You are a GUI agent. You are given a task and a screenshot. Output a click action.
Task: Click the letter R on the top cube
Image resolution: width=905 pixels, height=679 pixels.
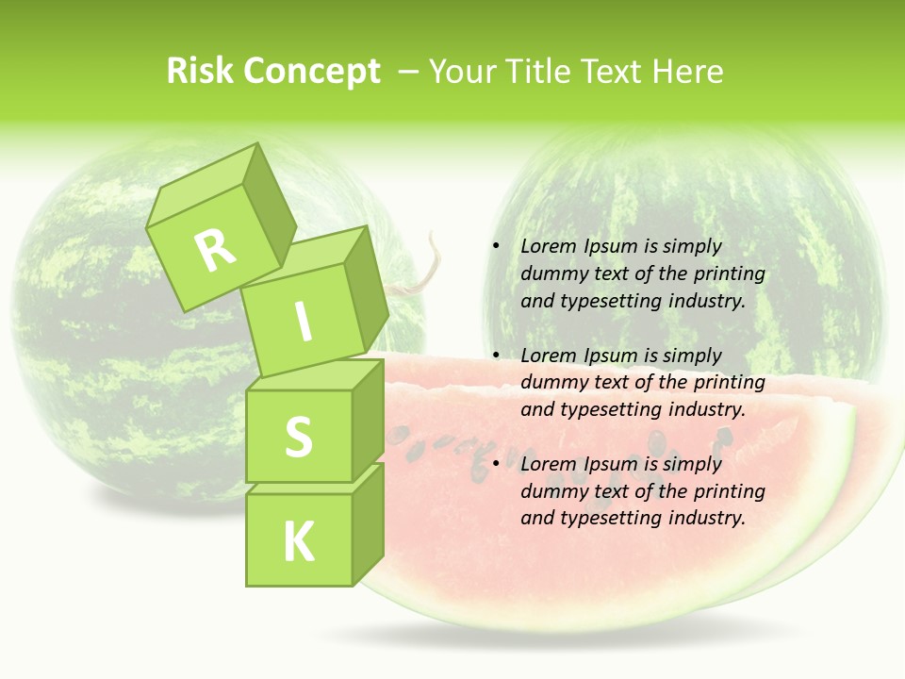coord(215,250)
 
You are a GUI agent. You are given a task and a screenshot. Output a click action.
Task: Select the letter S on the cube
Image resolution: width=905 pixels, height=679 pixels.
coord(298,437)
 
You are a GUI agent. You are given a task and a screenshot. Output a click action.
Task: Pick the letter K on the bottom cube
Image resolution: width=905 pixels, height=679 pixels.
coord(298,542)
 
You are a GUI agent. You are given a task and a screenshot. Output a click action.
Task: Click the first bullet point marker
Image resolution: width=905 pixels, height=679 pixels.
coord(495,246)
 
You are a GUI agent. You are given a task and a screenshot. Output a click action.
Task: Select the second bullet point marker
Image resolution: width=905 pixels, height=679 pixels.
coord(495,356)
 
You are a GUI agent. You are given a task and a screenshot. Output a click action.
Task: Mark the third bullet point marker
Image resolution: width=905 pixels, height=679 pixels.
coord(495,464)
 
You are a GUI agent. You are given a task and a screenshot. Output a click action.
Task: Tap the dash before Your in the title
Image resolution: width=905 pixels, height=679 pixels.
coord(409,72)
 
